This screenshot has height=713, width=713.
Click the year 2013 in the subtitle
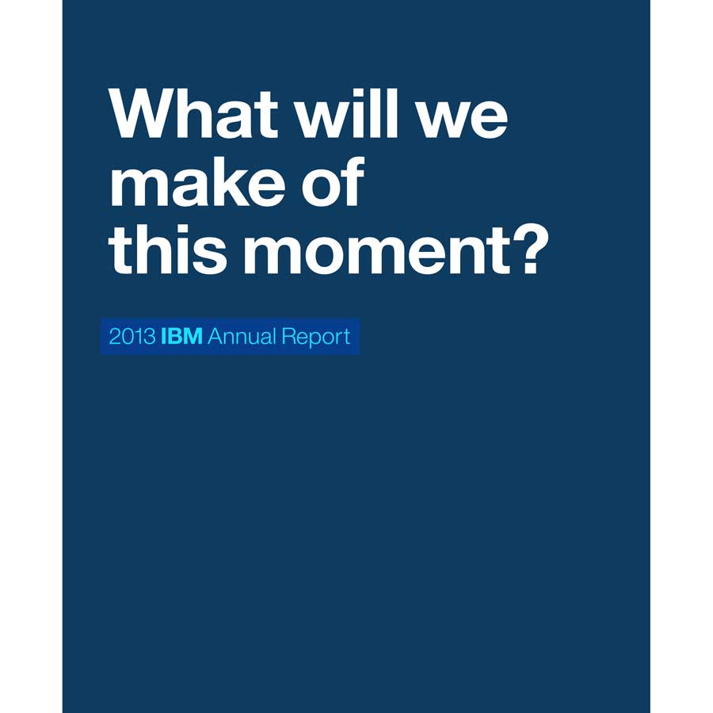tap(132, 337)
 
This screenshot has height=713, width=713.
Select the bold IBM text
tap(182, 337)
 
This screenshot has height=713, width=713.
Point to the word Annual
tap(242, 337)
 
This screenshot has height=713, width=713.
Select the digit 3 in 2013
tap(150, 337)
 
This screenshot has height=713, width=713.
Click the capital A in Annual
tap(215, 337)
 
